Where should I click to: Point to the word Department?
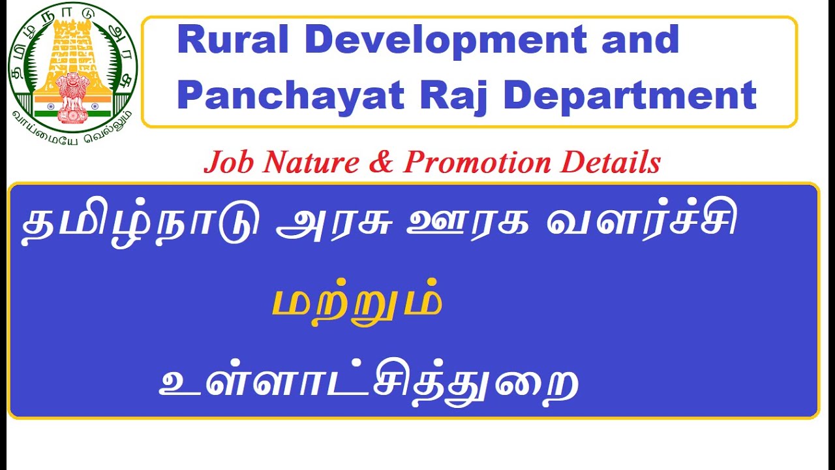click(630, 95)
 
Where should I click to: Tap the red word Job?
click(229, 163)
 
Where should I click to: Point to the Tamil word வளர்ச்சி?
click(642, 225)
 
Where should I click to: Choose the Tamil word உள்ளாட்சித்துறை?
click(369, 381)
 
